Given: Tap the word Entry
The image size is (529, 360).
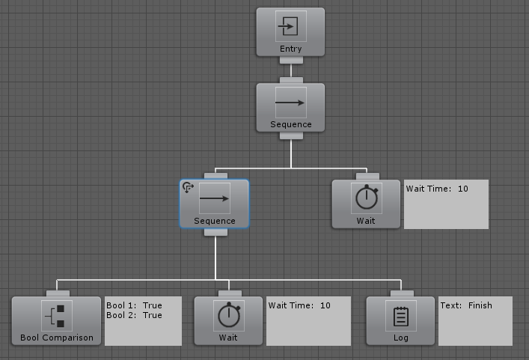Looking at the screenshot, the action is pyautogui.click(x=291, y=49).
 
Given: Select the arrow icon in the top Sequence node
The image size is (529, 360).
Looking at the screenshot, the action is pyautogui.click(x=291, y=103).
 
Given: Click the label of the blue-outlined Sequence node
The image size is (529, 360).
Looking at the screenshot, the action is pyautogui.click(x=215, y=221).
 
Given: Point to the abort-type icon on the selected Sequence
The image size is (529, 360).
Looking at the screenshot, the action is pyautogui.click(x=188, y=187).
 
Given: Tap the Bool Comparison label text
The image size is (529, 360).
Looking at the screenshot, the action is pyautogui.click(x=57, y=338).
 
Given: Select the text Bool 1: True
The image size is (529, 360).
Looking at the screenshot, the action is pyautogui.click(x=134, y=305).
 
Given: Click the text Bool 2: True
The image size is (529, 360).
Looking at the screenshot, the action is pyautogui.click(x=134, y=315).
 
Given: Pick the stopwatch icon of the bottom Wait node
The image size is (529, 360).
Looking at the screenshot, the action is pyautogui.click(x=229, y=316).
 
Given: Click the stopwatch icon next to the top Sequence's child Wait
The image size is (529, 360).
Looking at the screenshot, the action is pyautogui.click(x=367, y=198).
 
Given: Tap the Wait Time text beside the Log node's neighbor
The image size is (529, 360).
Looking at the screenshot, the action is pyautogui.click(x=299, y=305).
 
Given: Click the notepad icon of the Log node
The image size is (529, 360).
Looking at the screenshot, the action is pyautogui.click(x=401, y=316).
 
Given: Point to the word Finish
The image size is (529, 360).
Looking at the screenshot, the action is pyautogui.click(x=480, y=305).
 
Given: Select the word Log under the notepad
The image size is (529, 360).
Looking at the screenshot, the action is pyautogui.click(x=401, y=338).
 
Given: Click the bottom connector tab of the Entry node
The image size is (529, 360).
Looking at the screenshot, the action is pyautogui.click(x=291, y=60).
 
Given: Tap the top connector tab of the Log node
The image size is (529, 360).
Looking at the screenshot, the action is pyautogui.click(x=402, y=293).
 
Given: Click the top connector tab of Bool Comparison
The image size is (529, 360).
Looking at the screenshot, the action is pyautogui.click(x=58, y=293).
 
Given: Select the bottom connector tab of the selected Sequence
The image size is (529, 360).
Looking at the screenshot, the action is pyautogui.click(x=215, y=232).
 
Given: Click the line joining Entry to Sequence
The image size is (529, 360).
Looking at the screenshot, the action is pyautogui.click(x=291, y=70).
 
